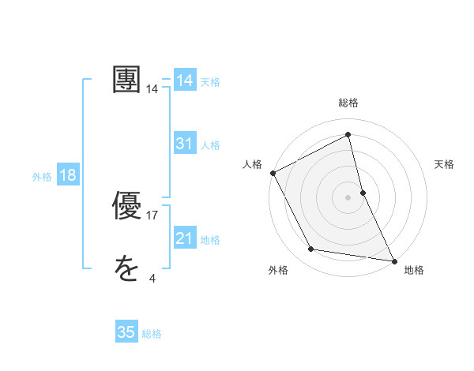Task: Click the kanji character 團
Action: pos(127,81)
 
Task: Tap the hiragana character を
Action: pos(126,270)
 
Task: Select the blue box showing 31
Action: pos(185,144)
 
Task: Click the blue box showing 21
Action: pos(185,238)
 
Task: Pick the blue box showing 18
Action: pos(68,175)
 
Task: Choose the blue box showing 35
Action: pos(126,332)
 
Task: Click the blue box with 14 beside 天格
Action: pos(185,81)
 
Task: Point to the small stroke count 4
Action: pos(152,279)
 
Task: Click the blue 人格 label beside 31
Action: pos(210,145)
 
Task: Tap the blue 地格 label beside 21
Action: pos(210,240)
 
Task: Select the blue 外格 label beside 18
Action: pos(42,177)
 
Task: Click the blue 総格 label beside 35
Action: pos(152,334)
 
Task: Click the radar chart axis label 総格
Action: pos(348,103)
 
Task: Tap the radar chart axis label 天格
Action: pos(444,164)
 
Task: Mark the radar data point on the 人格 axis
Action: pos(273,173)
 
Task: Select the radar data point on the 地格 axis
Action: pos(393,260)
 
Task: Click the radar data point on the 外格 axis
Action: pos(311,249)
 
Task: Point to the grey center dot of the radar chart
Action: pos(348,197)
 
